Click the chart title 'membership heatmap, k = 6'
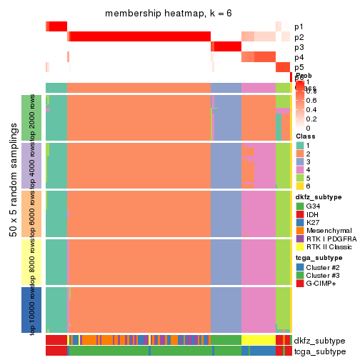(x=169, y=14)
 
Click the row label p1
(x=299, y=26)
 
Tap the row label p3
(x=299, y=47)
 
